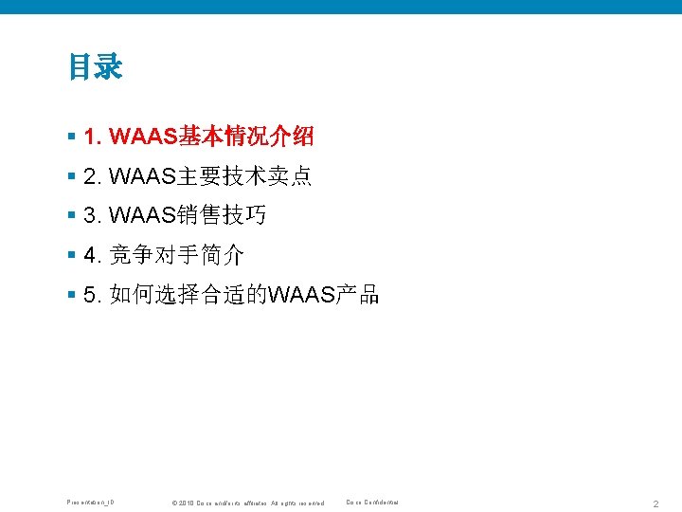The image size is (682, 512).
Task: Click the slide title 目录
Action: (95, 68)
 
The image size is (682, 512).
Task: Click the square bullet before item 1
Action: (72, 137)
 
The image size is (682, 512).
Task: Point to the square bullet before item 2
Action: (72, 177)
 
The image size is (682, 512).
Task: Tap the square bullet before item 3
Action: (72, 216)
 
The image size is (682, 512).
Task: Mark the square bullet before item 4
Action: (72, 256)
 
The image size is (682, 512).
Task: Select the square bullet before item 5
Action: (72, 295)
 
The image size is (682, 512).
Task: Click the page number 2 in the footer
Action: (655, 503)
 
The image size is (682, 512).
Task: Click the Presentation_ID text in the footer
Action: (90, 502)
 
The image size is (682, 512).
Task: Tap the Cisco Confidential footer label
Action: (372, 502)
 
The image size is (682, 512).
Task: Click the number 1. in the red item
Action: (93, 137)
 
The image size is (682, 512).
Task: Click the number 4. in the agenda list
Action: (93, 256)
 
